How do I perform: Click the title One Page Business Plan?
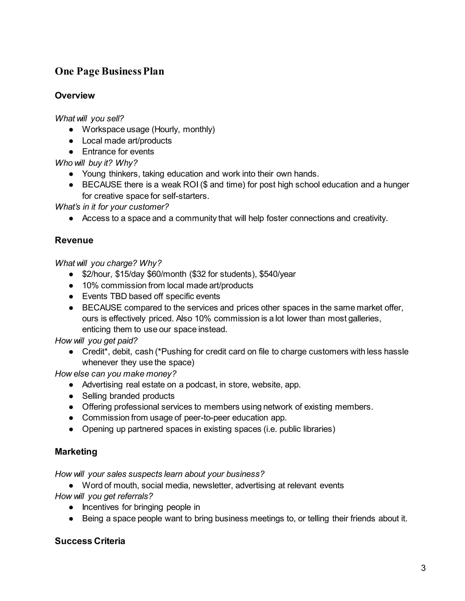(x=109, y=71)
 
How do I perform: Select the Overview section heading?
(x=75, y=95)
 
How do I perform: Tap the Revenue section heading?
(x=74, y=240)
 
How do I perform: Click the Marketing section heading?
(x=76, y=452)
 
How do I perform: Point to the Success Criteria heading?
(x=90, y=541)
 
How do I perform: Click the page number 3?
(x=423, y=568)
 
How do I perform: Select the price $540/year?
(x=277, y=274)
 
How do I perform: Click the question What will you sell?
(x=89, y=118)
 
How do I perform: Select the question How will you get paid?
(x=96, y=341)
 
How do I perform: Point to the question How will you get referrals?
(x=104, y=496)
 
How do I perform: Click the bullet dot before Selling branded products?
(x=71, y=396)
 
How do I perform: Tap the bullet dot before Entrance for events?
(x=71, y=152)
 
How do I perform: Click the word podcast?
(x=201, y=385)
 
